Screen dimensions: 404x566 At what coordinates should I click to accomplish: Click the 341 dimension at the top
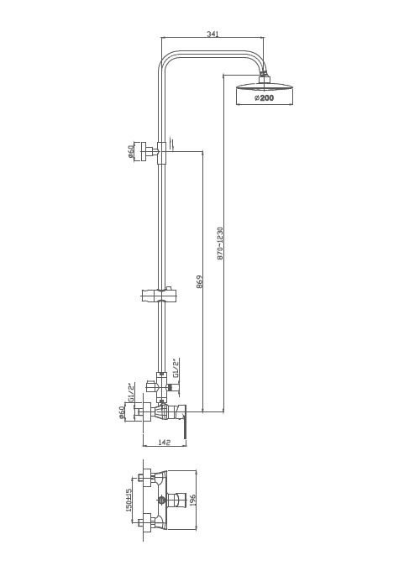212,34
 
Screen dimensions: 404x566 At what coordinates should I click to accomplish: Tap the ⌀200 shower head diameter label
265,97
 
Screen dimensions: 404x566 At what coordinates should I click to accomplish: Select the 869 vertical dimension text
199,282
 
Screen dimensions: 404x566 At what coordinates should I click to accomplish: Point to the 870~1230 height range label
220,244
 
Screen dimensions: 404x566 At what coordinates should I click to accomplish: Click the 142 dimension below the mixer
165,443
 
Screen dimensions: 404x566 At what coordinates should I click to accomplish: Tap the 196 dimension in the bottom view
192,500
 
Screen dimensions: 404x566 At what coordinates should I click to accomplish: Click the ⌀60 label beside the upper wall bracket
131,151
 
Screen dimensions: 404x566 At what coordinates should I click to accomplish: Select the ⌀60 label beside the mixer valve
122,412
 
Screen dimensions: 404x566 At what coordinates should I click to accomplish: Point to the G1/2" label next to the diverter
176,368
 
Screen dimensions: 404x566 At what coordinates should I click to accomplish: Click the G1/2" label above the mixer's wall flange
132,392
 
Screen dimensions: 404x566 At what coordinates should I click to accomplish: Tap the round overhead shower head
265,87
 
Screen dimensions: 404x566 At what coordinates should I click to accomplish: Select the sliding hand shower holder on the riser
160,295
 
